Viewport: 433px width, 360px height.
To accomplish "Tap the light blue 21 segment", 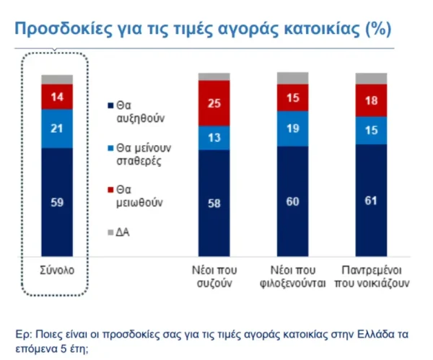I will (x=57, y=128).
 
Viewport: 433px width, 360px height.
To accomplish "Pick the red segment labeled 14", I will (x=57, y=96).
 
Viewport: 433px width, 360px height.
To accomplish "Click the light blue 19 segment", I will (x=293, y=128).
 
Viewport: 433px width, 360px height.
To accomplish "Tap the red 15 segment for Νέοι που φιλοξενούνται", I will (x=293, y=98).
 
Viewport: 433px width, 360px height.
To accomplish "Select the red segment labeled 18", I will (x=371, y=101).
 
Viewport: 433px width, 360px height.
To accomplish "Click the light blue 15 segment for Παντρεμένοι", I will (x=371, y=130).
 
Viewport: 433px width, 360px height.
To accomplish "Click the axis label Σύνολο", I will (x=57, y=271).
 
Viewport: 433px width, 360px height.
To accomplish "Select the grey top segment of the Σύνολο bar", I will (x=57, y=79).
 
